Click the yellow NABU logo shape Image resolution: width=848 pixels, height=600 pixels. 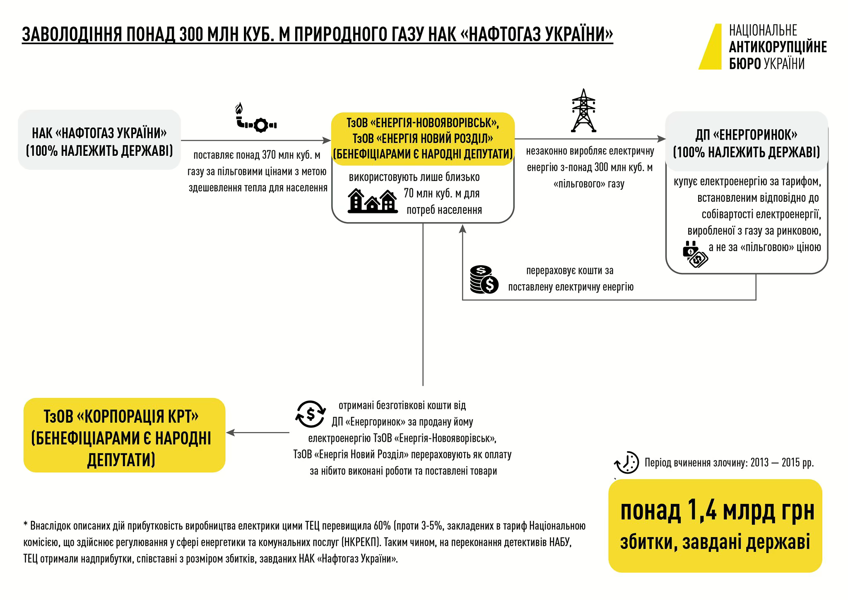point(712,48)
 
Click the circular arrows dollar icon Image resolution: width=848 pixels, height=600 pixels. point(310,414)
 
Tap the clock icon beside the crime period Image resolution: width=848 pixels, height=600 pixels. point(627,462)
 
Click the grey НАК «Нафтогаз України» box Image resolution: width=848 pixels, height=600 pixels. point(99,140)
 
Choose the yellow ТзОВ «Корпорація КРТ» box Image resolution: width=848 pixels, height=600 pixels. point(124,435)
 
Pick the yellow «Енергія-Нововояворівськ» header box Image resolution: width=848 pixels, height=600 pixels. point(423,139)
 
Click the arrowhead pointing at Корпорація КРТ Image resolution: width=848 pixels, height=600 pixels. point(230,433)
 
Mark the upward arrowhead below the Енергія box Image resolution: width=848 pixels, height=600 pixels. point(463,229)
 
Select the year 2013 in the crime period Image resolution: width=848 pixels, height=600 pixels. point(759,462)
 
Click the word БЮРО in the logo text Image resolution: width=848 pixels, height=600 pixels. point(744,64)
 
